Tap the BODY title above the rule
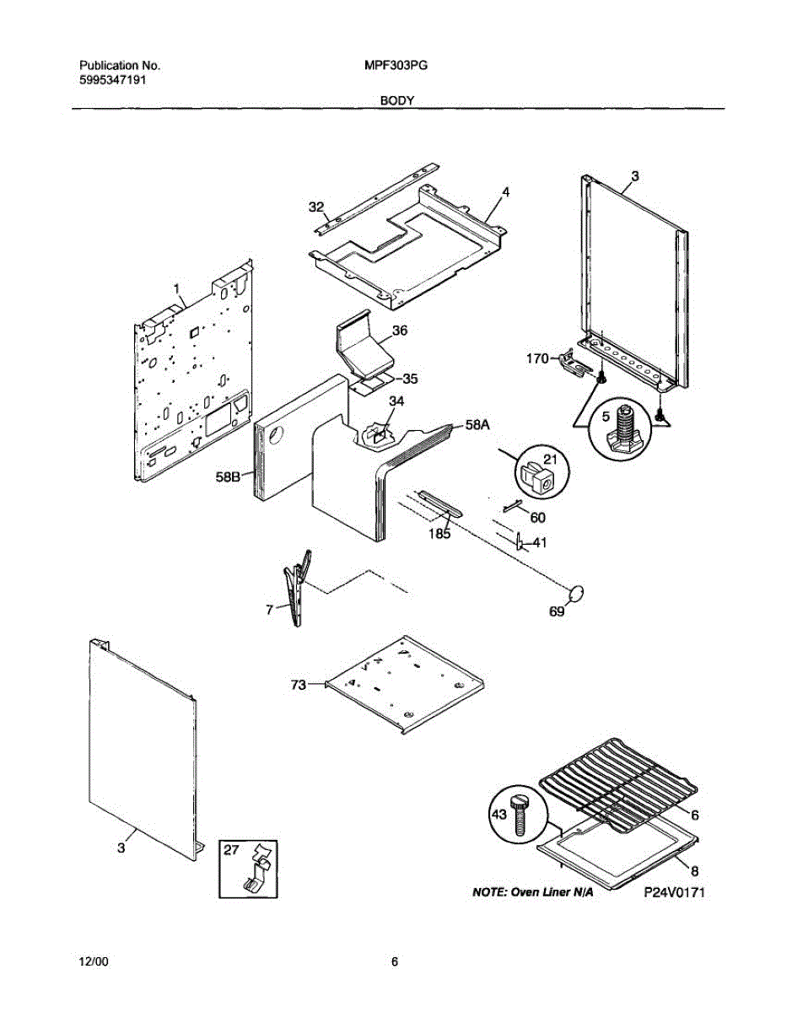(x=396, y=100)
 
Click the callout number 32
(x=315, y=207)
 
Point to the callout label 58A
(x=477, y=427)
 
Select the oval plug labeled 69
(x=577, y=595)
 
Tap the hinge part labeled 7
(x=295, y=586)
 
